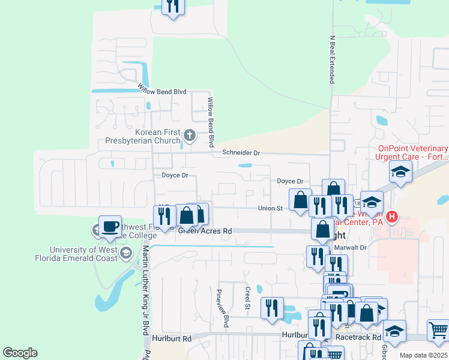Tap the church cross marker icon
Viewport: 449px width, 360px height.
click(x=190, y=135)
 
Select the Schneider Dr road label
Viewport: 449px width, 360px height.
click(x=241, y=153)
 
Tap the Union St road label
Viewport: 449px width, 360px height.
click(x=270, y=208)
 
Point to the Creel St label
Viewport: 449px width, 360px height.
click(x=247, y=298)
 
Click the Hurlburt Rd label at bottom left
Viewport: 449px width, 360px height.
click(x=171, y=338)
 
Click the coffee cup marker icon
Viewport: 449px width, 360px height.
click(x=110, y=227)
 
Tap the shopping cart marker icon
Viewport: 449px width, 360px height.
click(x=438, y=329)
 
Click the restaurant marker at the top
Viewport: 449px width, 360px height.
click(x=173, y=6)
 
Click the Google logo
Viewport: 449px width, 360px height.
click(x=20, y=352)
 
